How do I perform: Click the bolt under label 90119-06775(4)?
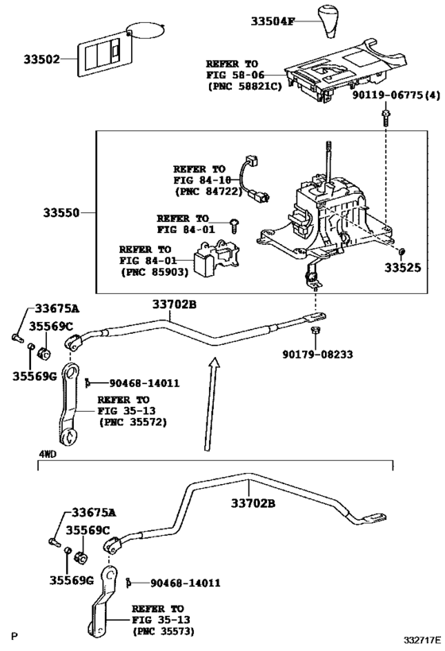(385, 118)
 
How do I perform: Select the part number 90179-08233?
(315, 355)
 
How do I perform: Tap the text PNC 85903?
(151, 272)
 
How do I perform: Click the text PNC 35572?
(133, 422)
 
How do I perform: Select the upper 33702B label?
(173, 304)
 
